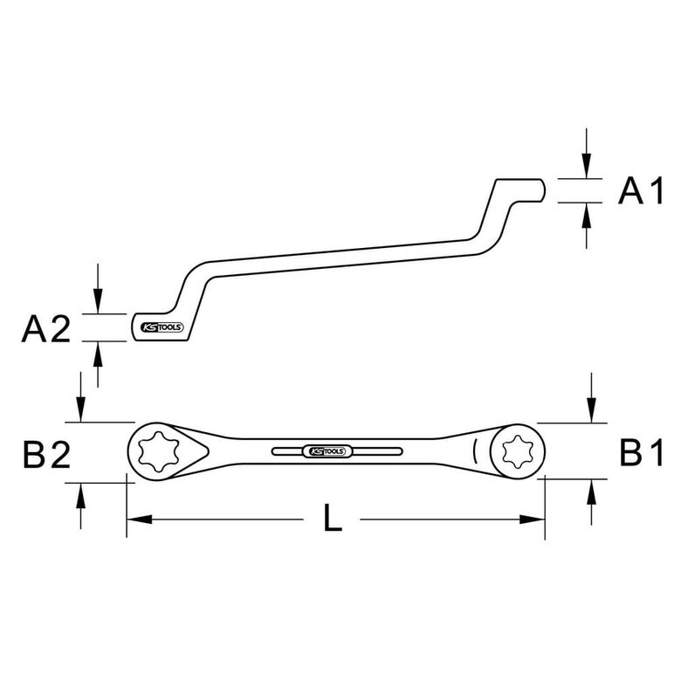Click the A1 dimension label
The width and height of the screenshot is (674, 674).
click(x=641, y=191)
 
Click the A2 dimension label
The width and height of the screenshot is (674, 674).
click(x=46, y=329)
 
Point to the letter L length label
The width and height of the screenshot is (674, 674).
click(x=333, y=518)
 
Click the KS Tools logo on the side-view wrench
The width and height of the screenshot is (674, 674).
click(x=162, y=327)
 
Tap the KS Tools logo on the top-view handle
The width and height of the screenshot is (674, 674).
click(x=327, y=451)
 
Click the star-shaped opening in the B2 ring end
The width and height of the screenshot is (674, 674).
click(x=158, y=451)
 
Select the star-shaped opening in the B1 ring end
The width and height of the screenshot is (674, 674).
click(x=518, y=451)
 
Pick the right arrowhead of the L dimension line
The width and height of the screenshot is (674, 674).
click(x=533, y=519)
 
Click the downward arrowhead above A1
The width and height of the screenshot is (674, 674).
click(x=587, y=166)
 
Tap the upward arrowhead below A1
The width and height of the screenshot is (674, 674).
click(x=587, y=215)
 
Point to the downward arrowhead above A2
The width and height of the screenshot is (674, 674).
click(x=98, y=302)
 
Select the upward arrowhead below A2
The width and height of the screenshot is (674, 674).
click(x=98, y=354)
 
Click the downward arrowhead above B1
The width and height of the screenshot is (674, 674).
click(x=592, y=410)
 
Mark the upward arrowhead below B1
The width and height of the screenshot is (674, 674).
click(x=592, y=492)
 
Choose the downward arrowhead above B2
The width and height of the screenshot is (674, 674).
click(x=81, y=409)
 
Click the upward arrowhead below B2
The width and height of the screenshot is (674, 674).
click(x=81, y=495)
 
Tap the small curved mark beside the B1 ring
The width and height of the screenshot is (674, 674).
click(x=475, y=451)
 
